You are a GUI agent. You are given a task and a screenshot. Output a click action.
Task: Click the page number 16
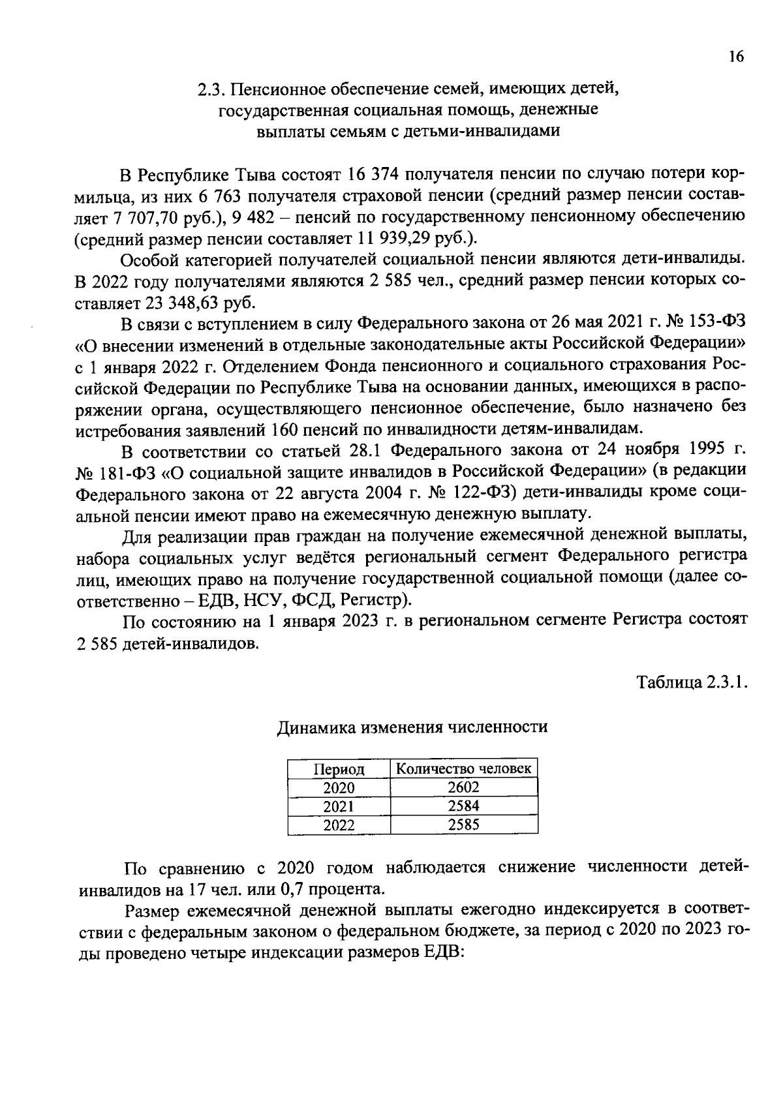[735, 57]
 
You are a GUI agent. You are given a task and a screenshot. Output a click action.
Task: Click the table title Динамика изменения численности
[412, 727]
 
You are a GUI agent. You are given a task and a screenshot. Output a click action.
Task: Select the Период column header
[339, 769]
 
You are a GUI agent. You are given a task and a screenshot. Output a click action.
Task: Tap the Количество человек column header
[464, 768]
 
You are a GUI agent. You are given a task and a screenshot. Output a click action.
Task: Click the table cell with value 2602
[464, 787]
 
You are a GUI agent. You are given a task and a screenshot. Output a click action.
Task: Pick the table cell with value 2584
[464, 806]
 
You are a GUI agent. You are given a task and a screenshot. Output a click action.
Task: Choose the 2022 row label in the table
[339, 825]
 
